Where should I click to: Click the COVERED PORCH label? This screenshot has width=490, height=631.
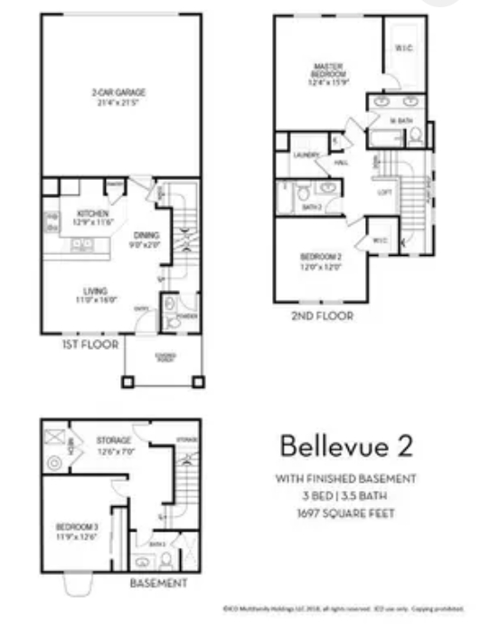coord(165,356)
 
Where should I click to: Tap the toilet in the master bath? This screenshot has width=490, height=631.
coord(414,137)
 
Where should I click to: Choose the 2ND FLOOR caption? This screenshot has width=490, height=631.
coord(322,316)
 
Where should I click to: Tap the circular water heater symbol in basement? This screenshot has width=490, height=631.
coord(52,463)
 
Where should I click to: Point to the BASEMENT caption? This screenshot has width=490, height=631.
coord(158,584)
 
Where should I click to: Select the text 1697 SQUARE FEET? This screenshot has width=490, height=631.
coord(344,514)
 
